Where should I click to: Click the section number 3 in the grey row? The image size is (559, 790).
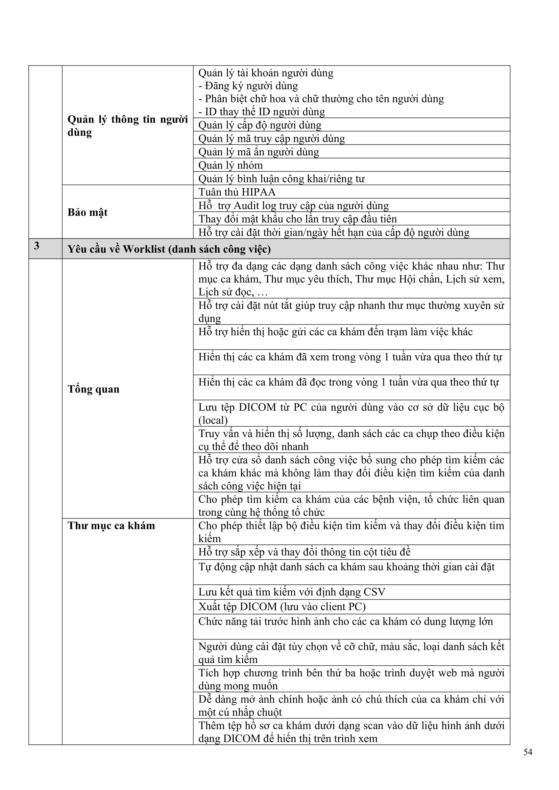click(x=37, y=246)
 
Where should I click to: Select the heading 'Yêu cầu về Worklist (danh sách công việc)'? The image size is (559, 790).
click(x=169, y=249)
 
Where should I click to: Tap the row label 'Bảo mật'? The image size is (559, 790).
click(x=88, y=212)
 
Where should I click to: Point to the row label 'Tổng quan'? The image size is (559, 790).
click(x=93, y=389)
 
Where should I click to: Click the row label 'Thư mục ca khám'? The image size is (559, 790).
click(x=111, y=526)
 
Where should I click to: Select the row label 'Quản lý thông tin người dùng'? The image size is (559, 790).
click(x=127, y=126)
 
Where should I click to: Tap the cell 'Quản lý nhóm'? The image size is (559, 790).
click(x=230, y=165)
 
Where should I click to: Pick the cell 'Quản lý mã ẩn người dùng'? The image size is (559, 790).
click(x=259, y=152)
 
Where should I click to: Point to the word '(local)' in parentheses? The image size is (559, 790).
click(x=213, y=420)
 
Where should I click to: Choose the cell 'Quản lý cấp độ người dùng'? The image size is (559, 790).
click(x=260, y=125)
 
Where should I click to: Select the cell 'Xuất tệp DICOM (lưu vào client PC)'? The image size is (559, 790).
click(x=282, y=607)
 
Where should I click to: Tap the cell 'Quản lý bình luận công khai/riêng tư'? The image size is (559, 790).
click(x=281, y=179)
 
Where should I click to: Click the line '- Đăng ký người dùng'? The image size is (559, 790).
click(x=248, y=86)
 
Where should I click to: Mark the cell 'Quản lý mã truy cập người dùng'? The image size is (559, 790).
click(x=272, y=138)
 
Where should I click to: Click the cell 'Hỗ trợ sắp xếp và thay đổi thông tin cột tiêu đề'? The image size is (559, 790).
click(x=304, y=552)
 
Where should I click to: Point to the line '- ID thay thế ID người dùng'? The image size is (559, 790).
click(x=262, y=112)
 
